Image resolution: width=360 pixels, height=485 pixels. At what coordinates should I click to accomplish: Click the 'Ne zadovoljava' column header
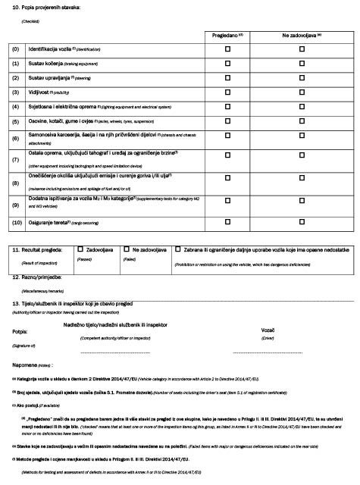point(301,35)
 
